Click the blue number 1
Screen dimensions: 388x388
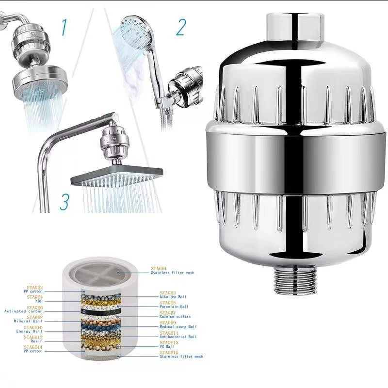coord(64,28)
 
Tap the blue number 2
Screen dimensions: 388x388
coord(180,28)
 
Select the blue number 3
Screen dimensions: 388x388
coord(64,201)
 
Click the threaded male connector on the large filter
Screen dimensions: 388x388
coord(294,281)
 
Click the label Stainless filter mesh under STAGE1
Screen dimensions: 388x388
coord(172,273)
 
